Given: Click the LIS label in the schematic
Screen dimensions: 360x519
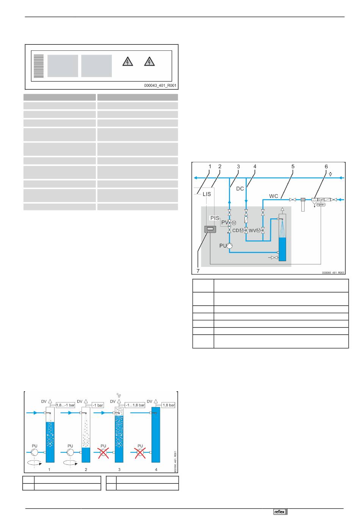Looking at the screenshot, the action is pyautogui.click(x=207, y=194).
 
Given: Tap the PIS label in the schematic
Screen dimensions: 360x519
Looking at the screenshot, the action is pyautogui.click(x=215, y=218).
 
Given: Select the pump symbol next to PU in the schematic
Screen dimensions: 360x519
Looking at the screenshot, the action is pyautogui.click(x=229, y=246).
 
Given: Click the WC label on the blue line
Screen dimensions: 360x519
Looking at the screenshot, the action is pyautogui.click(x=274, y=196).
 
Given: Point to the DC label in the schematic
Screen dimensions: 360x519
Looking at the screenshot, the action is pyautogui.click(x=240, y=188).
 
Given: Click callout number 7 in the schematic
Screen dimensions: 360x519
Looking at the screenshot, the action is pyautogui.click(x=198, y=271).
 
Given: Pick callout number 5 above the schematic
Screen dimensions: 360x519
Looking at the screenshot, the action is pyautogui.click(x=293, y=166).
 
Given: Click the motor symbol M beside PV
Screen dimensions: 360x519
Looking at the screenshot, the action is pyautogui.click(x=234, y=223).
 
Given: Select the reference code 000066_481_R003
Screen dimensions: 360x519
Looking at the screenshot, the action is pyautogui.click(x=333, y=272).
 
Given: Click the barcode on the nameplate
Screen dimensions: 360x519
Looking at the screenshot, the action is pyautogui.click(x=39, y=66).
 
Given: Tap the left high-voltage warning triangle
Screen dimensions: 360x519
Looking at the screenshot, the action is pyautogui.click(x=128, y=61).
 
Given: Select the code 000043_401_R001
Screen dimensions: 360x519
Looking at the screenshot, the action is pyautogui.click(x=160, y=86).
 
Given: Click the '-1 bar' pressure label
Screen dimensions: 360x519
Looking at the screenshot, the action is pyautogui.click(x=98, y=405).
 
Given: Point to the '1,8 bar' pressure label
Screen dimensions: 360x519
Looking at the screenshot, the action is pyautogui.click(x=169, y=405).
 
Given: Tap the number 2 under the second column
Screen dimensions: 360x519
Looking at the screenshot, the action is pyautogui.click(x=86, y=469).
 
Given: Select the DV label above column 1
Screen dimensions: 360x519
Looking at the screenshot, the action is pyautogui.click(x=44, y=401).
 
